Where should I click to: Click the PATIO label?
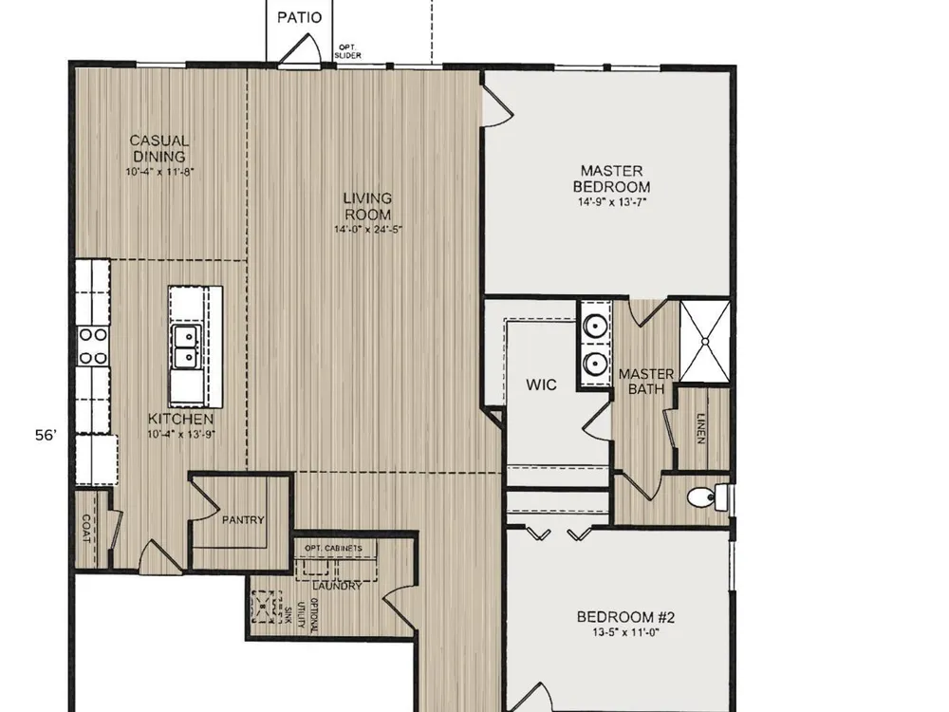coord(299,17)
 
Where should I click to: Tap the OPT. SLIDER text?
coord(347,51)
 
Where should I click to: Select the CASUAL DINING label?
coord(159,148)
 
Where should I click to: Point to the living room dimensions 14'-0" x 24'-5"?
coord(368,230)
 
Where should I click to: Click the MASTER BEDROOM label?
coord(612,178)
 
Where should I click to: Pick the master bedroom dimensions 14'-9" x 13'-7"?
coord(612,202)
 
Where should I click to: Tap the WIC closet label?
coord(541,384)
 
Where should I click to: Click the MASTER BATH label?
coord(645,382)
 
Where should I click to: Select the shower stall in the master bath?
coord(704,341)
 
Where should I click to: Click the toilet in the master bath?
coord(708,497)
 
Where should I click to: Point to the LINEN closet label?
coord(701,428)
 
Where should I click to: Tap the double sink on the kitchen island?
coord(186,347)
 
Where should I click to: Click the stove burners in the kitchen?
coord(93,347)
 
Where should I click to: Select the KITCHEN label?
coord(181,419)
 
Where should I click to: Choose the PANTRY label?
coord(243,520)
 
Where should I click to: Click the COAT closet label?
coord(86,529)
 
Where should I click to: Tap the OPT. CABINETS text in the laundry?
coord(333,549)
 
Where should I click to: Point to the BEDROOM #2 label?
coord(625,617)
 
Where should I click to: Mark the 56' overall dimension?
coord(46,436)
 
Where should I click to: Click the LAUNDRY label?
coord(337,586)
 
